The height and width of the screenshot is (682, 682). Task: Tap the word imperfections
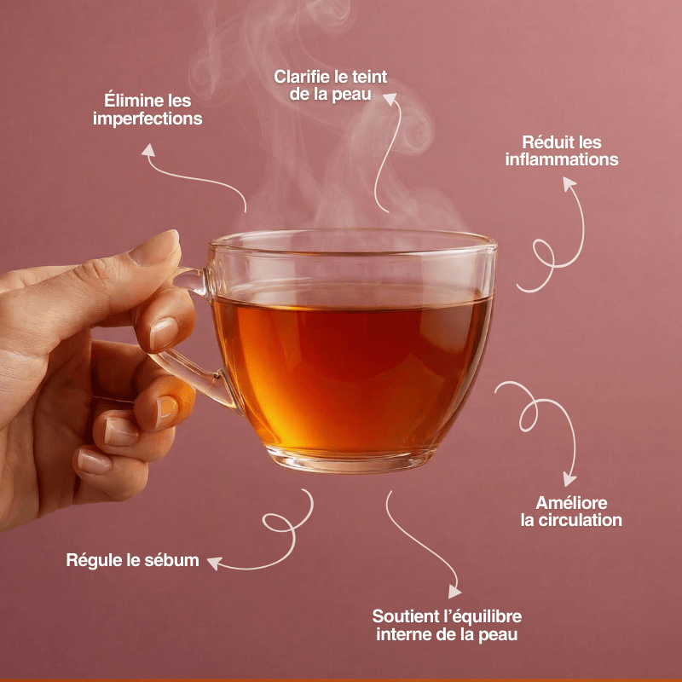tap(147, 119)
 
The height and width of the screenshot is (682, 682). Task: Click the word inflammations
tap(562, 159)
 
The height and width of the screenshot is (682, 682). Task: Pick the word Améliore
tap(571, 502)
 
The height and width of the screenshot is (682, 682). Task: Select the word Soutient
tap(406, 616)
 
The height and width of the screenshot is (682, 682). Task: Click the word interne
tap(405, 634)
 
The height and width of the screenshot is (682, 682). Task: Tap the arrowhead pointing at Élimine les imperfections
tap(148, 150)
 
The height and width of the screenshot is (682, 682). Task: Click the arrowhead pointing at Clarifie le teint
tap(392, 99)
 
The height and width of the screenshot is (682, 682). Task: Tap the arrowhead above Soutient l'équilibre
tap(454, 590)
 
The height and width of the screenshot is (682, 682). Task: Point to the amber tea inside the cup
tap(350, 358)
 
